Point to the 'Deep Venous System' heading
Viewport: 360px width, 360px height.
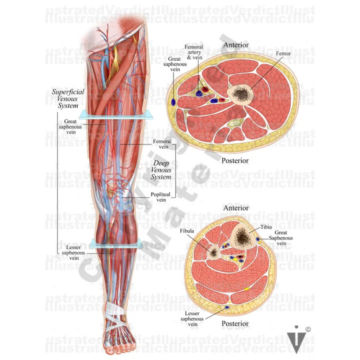[162, 170]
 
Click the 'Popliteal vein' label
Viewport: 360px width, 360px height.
[160, 196]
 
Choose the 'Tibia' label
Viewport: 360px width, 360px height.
[266, 227]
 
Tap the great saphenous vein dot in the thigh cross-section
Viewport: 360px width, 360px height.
[173, 101]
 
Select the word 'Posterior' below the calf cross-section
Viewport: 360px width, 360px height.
[235, 323]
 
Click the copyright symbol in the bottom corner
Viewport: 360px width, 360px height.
[308, 329]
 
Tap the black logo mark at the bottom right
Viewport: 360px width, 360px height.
[295, 339]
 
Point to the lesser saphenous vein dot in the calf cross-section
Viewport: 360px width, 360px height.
[227, 306]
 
